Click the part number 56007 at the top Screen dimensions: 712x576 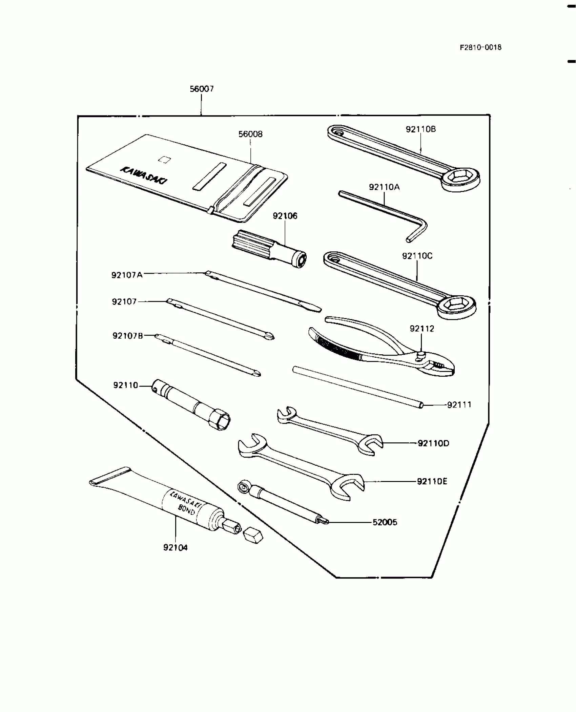pos(202,89)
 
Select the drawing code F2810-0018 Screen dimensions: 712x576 pos(480,47)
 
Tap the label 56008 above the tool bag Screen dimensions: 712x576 pos(250,134)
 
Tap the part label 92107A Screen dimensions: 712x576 pos(127,275)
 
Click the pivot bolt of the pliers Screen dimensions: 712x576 pos(420,355)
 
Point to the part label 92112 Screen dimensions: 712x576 pos(421,329)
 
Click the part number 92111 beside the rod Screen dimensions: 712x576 pos(459,405)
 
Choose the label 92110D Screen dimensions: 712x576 pos(433,443)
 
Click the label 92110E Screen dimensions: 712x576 pos(432,481)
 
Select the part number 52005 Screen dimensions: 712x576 pos(385,522)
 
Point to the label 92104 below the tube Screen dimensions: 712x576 pos(175,547)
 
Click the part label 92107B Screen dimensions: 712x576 pos(128,336)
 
